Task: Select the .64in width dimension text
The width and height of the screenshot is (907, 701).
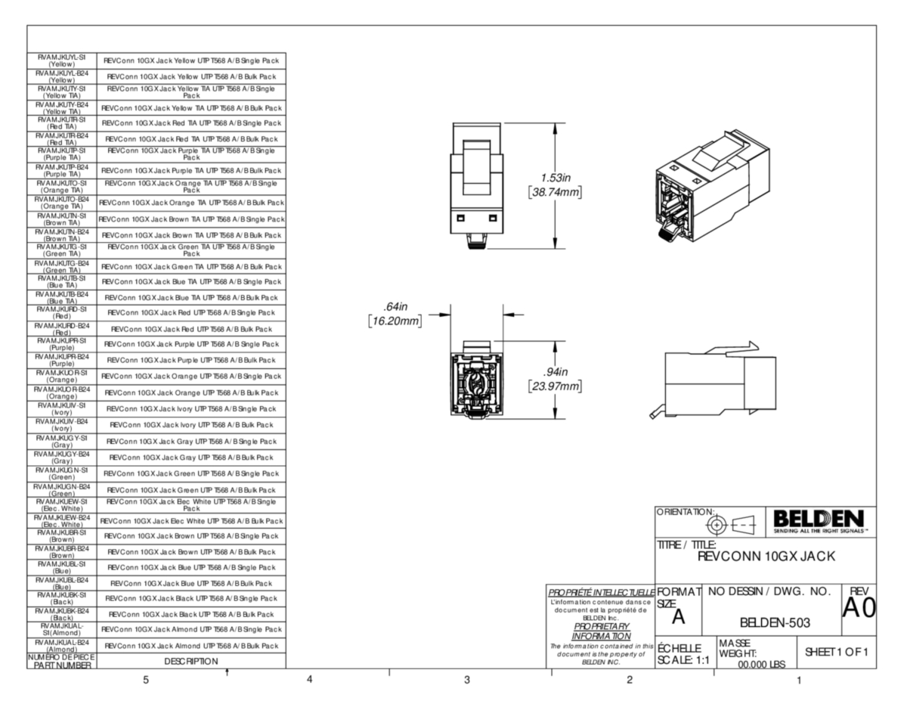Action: click(393, 307)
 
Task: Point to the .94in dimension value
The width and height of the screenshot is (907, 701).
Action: click(556, 371)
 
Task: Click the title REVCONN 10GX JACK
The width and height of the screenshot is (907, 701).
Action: click(766, 557)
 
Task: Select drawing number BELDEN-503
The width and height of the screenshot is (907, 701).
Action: click(775, 622)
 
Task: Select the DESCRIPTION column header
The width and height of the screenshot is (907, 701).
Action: click(191, 661)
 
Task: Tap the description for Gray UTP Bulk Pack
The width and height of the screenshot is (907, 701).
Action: click(191, 457)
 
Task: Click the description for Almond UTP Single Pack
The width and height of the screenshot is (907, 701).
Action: click(191, 629)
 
